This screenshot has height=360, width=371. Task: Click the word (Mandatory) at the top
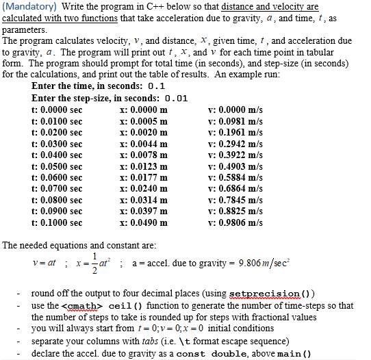(26, 7)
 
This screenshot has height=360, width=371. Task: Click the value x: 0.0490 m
(144, 222)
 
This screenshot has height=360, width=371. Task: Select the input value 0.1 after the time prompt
(156, 87)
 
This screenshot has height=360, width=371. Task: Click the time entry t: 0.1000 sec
(57, 222)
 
